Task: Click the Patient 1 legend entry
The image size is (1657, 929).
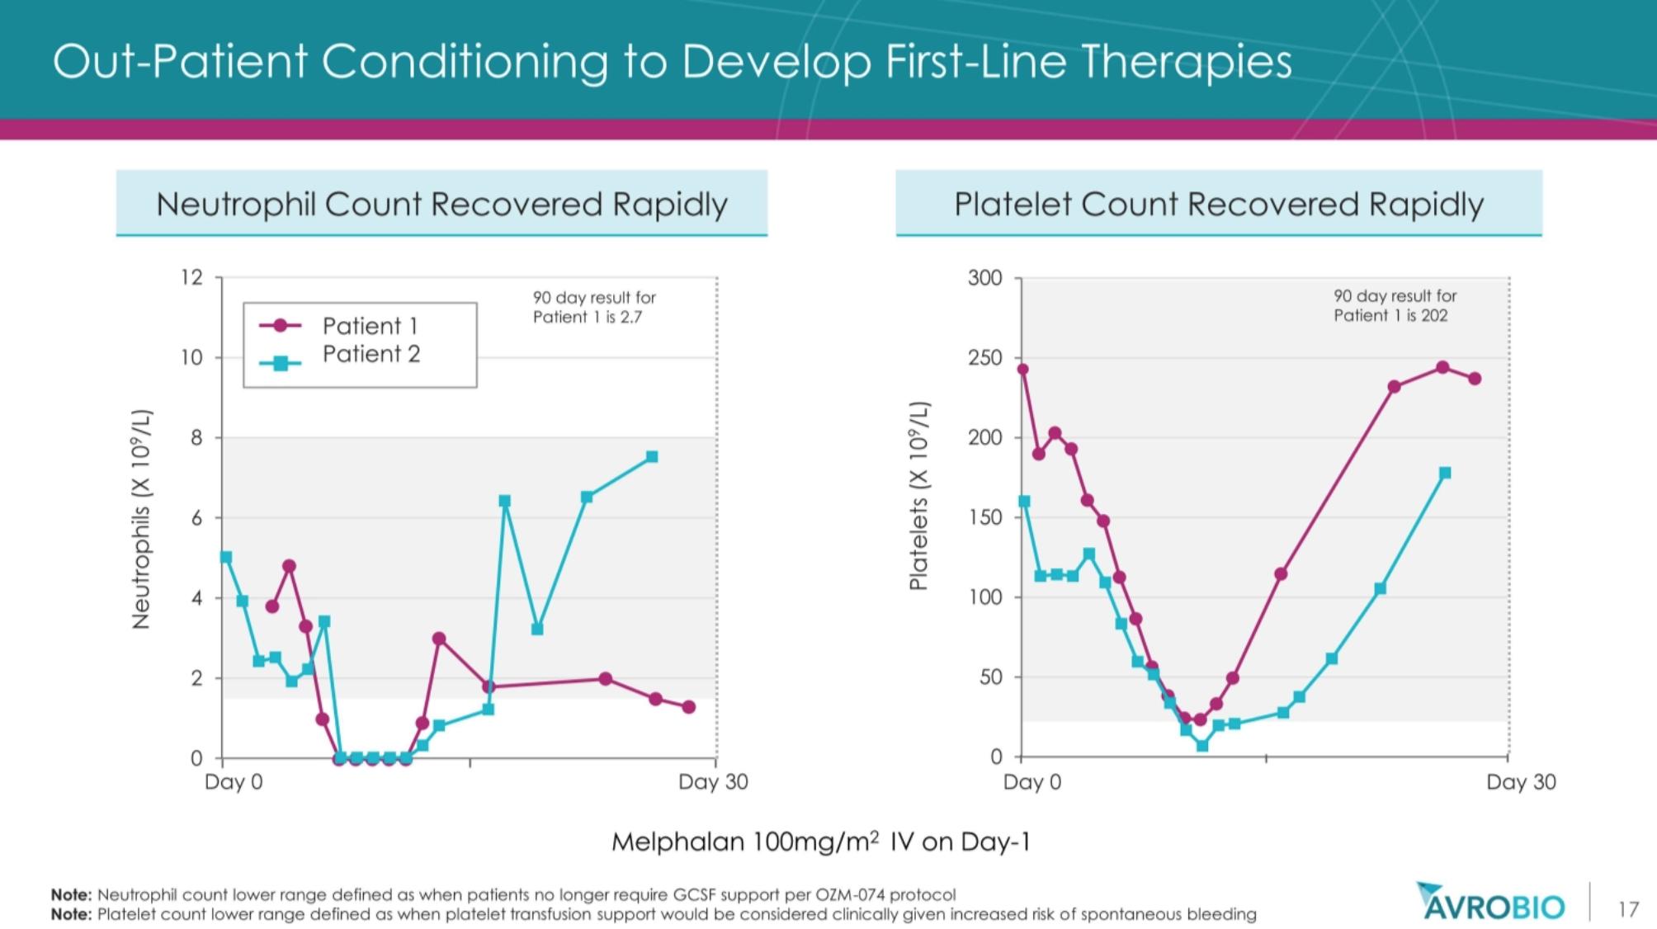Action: (x=339, y=326)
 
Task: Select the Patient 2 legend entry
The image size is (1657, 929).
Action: (x=339, y=355)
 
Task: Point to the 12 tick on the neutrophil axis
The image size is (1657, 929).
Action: (x=191, y=277)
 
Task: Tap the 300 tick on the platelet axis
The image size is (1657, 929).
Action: (x=985, y=278)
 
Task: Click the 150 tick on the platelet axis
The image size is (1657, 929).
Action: (x=985, y=517)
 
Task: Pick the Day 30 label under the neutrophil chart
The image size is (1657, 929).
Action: (x=713, y=782)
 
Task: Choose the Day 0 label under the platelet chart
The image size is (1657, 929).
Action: (x=1032, y=782)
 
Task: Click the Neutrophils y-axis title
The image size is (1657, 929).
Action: (x=142, y=519)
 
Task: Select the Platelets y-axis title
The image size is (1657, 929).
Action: (x=918, y=496)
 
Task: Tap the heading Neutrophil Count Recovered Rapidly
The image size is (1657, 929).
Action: (x=442, y=204)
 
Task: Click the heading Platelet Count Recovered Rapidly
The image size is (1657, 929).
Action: (x=1219, y=204)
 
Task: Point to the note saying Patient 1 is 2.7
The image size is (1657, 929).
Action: (x=594, y=307)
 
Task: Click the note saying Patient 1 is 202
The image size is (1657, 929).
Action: (x=1395, y=305)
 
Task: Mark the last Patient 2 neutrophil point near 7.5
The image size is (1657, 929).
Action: (x=652, y=456)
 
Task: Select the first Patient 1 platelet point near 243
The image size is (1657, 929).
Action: (x=1023, y=369)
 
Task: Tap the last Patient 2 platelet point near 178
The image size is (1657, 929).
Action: (x=1445, y=473)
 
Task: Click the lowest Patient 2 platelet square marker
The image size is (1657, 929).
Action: (x=1202, y=746)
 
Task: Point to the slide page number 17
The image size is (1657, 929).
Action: (x=1628, y=909)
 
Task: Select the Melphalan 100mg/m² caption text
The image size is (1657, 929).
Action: (x=821, y=842)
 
